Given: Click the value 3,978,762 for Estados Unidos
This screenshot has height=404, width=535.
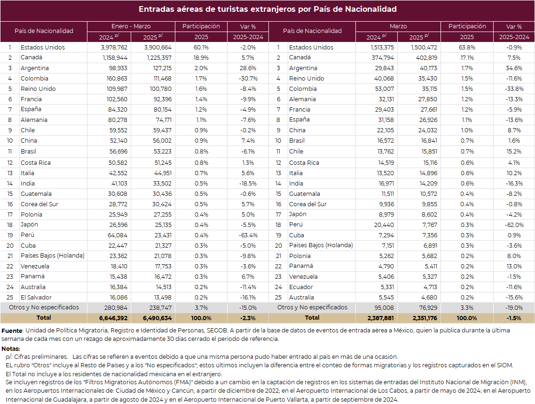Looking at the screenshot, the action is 114,48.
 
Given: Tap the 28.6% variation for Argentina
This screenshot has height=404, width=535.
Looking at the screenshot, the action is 248,68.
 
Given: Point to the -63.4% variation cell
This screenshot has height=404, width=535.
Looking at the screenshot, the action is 248,235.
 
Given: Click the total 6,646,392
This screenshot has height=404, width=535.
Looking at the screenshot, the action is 113,318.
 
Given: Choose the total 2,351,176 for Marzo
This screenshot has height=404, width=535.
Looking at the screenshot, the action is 425,318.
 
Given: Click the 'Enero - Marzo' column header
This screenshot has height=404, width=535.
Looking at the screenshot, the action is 131,26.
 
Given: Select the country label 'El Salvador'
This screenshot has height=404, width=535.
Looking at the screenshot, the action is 36,298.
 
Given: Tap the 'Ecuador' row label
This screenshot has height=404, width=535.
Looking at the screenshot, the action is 301,287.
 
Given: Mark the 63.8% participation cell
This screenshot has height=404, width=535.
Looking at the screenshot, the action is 467,48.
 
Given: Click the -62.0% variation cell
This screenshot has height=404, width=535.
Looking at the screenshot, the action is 514,225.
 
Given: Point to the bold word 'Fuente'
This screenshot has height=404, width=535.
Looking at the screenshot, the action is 12,331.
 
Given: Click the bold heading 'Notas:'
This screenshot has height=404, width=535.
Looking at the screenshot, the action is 10,348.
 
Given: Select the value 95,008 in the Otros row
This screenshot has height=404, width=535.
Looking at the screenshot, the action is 384,307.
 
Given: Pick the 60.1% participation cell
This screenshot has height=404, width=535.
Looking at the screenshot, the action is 201,48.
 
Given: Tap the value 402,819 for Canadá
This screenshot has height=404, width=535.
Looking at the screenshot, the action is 426,58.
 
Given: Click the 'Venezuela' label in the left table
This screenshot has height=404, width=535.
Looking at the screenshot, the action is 35,266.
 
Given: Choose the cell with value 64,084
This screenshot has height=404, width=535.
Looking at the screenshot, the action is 118,235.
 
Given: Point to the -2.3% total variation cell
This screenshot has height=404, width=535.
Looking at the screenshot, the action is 248,318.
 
